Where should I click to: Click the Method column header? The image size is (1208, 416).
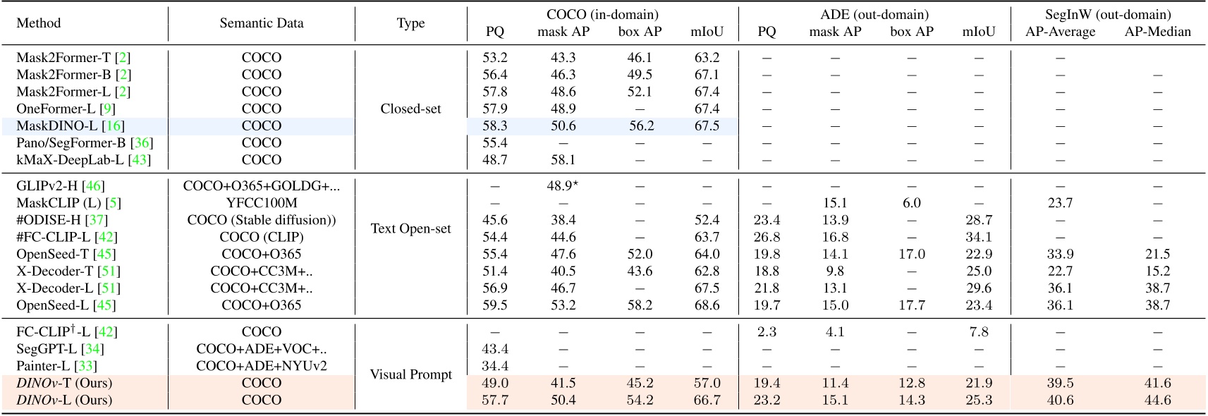38,23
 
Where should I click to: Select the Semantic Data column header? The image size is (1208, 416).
261,23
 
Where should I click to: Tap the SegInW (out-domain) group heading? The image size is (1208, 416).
1108,14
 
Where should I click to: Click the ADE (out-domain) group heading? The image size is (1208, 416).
874,14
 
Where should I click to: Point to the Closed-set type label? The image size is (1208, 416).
410,109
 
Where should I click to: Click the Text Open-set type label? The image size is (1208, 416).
410,228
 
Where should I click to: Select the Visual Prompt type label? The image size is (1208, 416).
410,374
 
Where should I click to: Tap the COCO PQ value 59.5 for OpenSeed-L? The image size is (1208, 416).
494,305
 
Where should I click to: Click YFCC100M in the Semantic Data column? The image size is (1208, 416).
261,203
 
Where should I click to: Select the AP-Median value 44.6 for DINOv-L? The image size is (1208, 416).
1157,400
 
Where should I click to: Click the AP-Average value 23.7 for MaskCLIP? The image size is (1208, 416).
1060,203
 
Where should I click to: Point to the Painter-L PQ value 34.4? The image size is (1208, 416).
494,366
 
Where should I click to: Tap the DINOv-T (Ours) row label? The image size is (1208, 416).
64,383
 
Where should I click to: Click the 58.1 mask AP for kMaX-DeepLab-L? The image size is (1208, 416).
563,160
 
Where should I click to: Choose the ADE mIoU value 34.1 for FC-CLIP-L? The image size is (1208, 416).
978,237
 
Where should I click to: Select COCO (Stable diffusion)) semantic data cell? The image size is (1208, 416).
261,220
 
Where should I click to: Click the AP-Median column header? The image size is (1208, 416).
1157,32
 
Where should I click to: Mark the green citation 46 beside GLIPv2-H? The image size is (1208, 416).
93,186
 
